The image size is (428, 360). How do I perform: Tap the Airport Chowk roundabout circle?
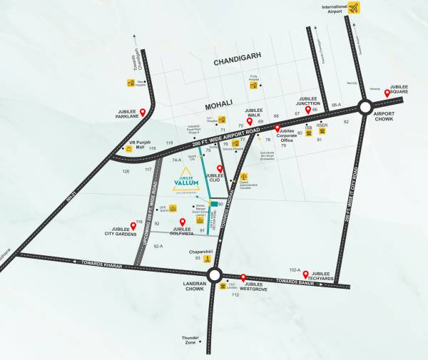coord(365,108)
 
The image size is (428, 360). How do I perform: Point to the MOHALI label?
coord(219,103)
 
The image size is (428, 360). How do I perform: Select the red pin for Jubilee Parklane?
coord(143,113)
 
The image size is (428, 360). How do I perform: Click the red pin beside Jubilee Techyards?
coord(306,274)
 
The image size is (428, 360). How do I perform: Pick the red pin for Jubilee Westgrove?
coord(243,278)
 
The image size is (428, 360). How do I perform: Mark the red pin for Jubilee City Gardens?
coord(133,226)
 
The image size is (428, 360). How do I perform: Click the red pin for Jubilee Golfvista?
coord(182,222)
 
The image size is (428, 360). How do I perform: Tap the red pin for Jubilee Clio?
coord(220,169)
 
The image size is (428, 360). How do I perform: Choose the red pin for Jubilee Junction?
coord(308,110)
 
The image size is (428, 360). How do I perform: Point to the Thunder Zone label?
coord(190,340)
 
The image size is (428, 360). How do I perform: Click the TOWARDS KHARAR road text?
coord(103,264)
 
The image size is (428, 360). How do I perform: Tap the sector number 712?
coord(235,294)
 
